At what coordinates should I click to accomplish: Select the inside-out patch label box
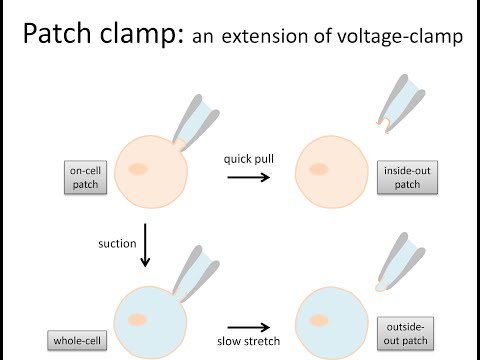point(402,176)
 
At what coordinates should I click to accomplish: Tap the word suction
point(117,241)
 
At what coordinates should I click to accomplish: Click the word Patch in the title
point(59,38)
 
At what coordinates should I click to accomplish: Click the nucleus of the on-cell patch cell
point(139,169)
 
